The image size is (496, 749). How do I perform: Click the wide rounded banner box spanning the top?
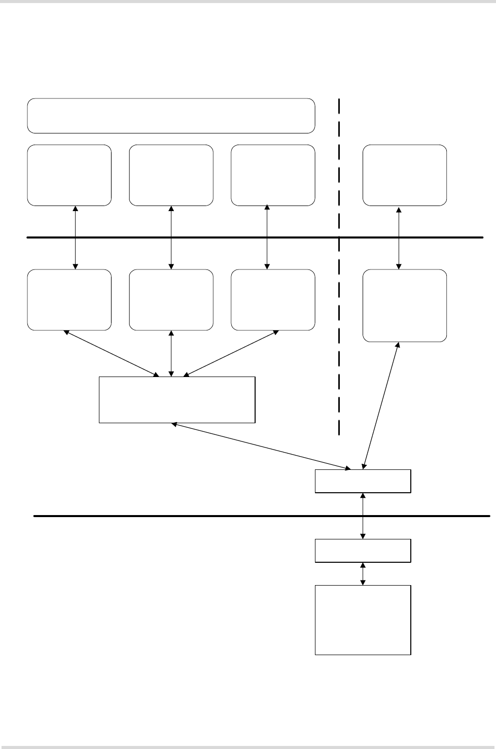click(x=171, y=116)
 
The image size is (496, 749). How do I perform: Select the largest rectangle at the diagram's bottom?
click(x=363, y=620)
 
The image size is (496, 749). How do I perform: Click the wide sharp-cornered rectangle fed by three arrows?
click(x=176, y=399)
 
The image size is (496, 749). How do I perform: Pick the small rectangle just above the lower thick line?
click(x=363, y=481)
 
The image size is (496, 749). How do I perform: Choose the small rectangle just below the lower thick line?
click(x=363, y=551)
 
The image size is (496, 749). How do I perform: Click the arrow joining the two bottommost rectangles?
click(x=363, y=573)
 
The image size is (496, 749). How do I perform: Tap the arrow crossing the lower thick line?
click(x=363, y=516)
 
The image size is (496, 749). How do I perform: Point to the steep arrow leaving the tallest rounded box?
click(x=381, y=403)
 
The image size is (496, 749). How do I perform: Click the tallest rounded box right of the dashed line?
click(x=405, y=305)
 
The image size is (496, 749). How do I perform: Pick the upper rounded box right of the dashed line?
click(x=405, y=175)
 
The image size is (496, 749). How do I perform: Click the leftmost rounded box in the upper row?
click(x=69, y=175)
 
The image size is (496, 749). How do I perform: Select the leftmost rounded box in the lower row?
click(x=69, y=300)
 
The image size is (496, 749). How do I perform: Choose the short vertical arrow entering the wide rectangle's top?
click(x=171, y=354)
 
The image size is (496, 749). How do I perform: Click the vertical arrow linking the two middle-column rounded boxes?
click(x=171, y=237)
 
